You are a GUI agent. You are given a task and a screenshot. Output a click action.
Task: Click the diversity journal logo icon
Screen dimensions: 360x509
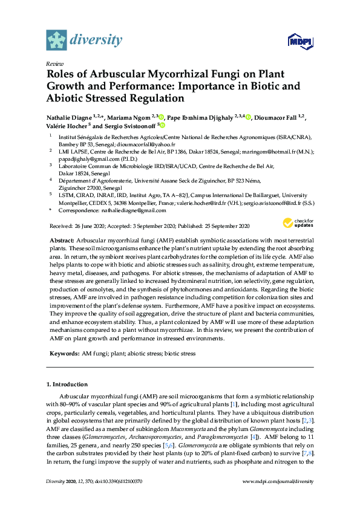coord(56,41)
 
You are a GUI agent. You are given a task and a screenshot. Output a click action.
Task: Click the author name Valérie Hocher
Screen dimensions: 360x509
coord(67,126)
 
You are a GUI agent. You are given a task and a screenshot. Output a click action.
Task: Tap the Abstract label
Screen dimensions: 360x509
coord(62,240)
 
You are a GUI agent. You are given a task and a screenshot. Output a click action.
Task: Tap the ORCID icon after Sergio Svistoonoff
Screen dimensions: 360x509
coord(162,125)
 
